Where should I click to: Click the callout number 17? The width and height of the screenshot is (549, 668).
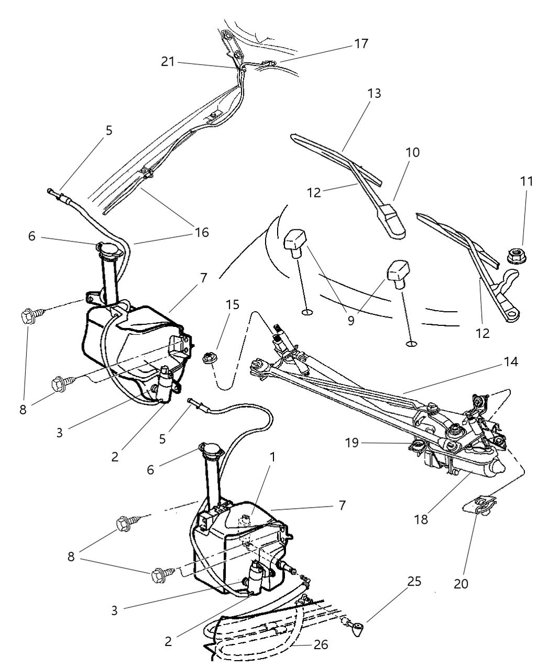click(361, 43)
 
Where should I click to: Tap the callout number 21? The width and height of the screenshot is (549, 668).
click(168, 62)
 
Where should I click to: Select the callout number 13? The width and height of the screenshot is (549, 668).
click(374, 94)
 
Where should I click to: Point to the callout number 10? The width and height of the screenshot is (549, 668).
click(412, 153)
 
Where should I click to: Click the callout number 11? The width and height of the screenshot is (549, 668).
click(526, 182)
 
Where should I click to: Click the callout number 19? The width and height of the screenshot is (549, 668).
click(352, 443)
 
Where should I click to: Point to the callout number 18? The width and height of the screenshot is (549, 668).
click(421, 519)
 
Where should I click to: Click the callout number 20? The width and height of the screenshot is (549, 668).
click(461, 583)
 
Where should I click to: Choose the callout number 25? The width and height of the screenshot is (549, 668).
click(414, 582)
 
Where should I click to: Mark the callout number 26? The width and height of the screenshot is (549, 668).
click(321, 644)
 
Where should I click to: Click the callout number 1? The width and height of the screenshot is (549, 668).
click(272, 457)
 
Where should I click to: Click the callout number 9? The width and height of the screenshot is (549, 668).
click(351, 320)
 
